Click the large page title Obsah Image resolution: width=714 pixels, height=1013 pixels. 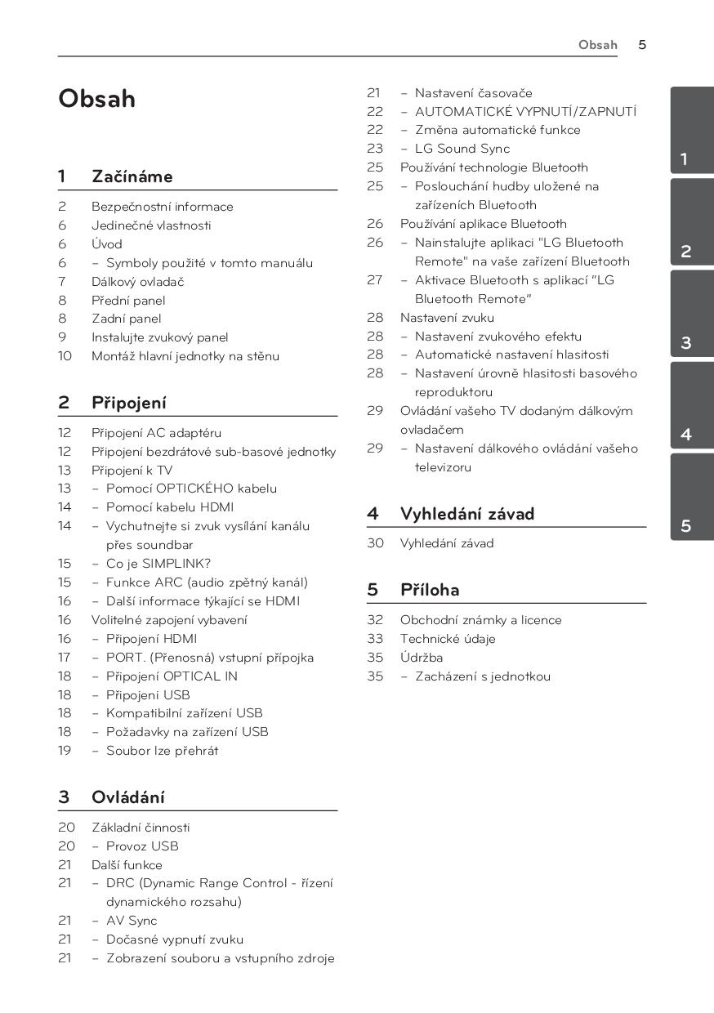click(96, 100)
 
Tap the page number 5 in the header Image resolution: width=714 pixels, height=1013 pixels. click(642, 45)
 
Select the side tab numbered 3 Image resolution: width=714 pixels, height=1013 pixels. click(685, 343)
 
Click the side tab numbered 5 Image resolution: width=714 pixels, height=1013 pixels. click(685, 526)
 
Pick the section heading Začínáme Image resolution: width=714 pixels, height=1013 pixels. click(132, 176)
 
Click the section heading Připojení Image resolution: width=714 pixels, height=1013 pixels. click(128, 403)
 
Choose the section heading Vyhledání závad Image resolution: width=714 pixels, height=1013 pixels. click(466, 514)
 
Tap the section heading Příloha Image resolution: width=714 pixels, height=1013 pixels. click(430, 590)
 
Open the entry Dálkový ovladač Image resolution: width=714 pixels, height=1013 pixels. click(137, 282)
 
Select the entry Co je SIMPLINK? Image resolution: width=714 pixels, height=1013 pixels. click(158, 564)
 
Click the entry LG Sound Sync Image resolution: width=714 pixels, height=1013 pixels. click(462, 149)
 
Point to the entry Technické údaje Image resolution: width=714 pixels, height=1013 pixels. click(448, 639)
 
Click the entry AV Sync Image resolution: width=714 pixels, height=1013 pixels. click(132, 921)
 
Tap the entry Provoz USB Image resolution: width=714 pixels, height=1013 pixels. click(142, 846)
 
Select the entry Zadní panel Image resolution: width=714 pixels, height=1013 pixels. click(126, 319)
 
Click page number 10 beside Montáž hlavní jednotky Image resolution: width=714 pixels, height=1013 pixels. click(65, 356)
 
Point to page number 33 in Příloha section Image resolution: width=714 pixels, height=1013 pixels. click(375, 639)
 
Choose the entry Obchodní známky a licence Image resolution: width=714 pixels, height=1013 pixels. click(480, 620)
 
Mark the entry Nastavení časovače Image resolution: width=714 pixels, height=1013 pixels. click(473, 93)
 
